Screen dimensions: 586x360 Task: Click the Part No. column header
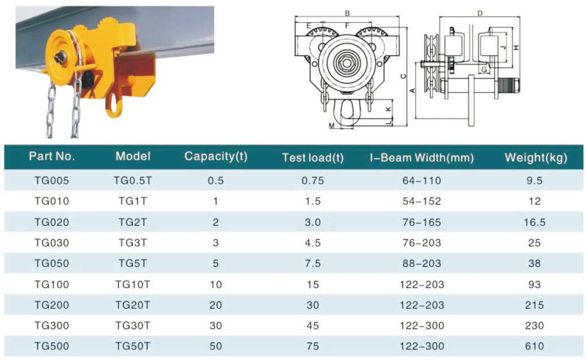[52, 156]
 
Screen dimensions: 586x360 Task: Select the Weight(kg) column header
[536, 157]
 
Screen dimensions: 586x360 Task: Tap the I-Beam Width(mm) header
[422, 157]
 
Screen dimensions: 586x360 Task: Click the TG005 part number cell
[52, 181]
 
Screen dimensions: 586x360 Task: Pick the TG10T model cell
[133, 285]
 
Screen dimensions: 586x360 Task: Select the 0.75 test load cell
[313, 181]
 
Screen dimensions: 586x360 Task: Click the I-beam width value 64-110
[422, 181]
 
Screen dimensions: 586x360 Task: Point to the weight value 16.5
[535, 222]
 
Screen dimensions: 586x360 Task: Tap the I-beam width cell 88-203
[422, 264]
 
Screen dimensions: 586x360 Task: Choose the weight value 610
[535, 346]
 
